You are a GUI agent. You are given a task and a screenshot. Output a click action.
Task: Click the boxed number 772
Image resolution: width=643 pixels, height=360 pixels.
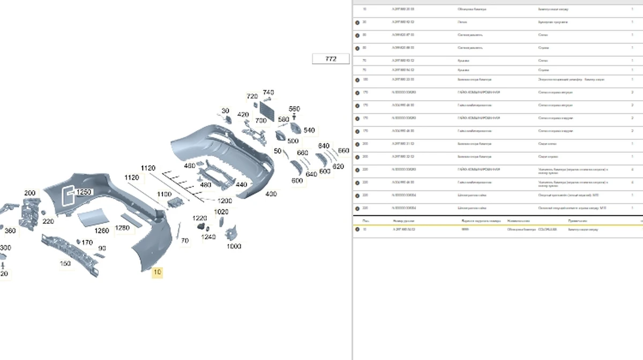331,59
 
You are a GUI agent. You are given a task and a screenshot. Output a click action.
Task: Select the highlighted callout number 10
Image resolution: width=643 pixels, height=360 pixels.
157,272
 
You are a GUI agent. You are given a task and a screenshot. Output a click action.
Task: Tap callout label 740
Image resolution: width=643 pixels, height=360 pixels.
268,93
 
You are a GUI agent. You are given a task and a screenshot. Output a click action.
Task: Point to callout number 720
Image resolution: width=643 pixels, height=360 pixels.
252,96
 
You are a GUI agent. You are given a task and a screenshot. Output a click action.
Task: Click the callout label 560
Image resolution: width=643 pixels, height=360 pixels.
294,109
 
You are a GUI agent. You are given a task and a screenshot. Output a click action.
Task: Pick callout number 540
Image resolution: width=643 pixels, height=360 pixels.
309,130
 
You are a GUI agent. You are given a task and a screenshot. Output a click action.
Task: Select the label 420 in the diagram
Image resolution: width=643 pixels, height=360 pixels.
243,115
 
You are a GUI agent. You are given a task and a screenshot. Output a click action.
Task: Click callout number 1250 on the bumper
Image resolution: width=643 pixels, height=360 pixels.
84,192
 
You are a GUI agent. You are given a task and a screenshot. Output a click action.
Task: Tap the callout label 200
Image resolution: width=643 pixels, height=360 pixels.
30,193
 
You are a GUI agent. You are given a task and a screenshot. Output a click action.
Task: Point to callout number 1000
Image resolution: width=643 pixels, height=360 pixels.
234,246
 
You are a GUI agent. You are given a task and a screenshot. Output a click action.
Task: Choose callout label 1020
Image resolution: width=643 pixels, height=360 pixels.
221,212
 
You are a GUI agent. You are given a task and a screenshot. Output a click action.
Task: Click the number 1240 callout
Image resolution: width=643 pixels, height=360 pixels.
208,237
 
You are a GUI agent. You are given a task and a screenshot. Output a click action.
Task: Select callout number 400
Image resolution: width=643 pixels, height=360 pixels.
271,194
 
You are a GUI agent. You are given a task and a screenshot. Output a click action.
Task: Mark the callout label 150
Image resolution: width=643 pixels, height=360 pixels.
65,264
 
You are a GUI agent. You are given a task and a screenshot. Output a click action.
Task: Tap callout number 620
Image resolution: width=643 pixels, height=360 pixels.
338,167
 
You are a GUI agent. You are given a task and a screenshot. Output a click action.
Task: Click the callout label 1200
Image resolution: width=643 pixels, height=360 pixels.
225,201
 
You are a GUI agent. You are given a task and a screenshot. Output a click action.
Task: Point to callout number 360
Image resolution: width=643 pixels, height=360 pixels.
10,231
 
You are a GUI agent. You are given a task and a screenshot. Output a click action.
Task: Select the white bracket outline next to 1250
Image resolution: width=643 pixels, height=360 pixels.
68,196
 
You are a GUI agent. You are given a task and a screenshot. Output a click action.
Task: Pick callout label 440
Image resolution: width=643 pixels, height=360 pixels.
241,185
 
